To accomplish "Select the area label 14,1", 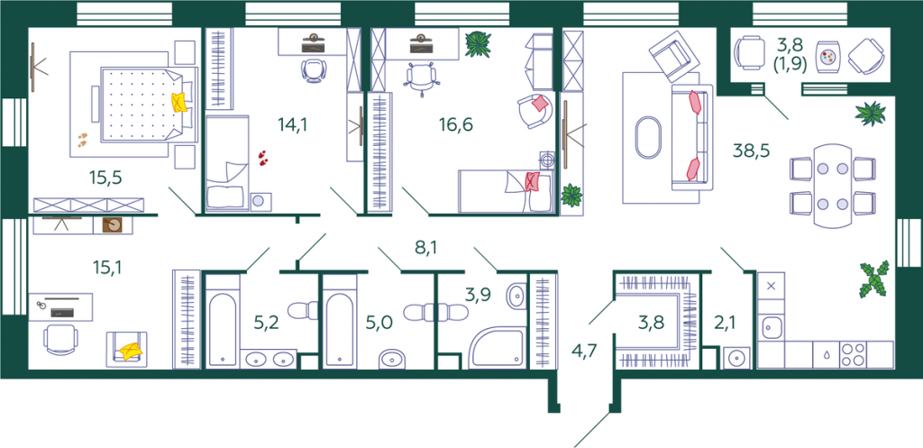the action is tap(293, 124).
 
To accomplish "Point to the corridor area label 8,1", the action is tap(427, 247).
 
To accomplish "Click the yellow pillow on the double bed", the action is tap(180, 102).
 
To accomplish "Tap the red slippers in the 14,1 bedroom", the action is tap(262, 157).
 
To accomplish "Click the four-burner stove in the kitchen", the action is tap(853, 355).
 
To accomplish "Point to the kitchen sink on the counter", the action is tap(772, 328).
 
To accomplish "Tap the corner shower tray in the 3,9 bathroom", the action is tap(496, 348).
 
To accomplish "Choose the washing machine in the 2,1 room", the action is tap(736, 357).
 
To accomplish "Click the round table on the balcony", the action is tap(829, 57).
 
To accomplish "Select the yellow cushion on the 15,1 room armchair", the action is tap(131, 351).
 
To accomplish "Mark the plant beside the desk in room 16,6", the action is tap(478, 44).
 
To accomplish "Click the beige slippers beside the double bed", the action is tap(84, 140).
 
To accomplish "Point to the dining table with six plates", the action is tap(832, 186).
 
